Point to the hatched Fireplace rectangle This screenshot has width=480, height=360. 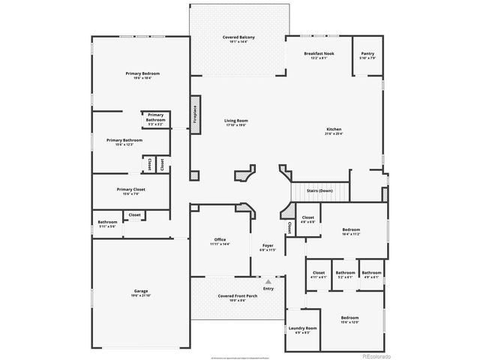point(195,115)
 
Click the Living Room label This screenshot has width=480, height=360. point(236,122)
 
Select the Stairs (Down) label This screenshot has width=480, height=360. point(319,190)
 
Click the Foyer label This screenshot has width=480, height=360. point(267,247)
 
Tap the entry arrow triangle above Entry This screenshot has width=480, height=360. point(268,280)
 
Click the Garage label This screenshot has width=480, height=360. point(140,292)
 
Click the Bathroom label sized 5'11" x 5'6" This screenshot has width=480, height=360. point(107,223)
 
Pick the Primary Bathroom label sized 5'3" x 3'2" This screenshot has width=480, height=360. point(155,119)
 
